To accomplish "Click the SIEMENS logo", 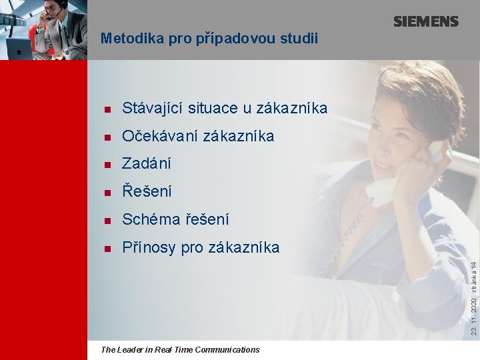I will click(425, 21).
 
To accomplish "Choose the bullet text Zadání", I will click(147, 163).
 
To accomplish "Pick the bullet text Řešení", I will click(147, 191).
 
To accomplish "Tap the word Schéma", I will click(149, 219).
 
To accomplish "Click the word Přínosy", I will click(149, 247).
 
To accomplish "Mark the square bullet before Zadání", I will click(107, 165).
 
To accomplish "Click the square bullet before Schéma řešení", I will click(107, 220).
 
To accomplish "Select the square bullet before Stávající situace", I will click(107, 109).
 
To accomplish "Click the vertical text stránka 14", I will click(473, 266).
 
